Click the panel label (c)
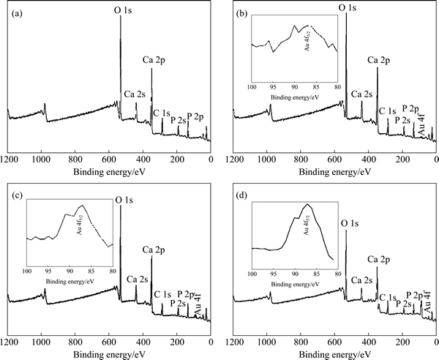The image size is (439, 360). (x=12, y=196)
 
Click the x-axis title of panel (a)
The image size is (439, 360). (x=108, y=171)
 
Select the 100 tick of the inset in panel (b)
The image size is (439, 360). (x=252, y=87)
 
